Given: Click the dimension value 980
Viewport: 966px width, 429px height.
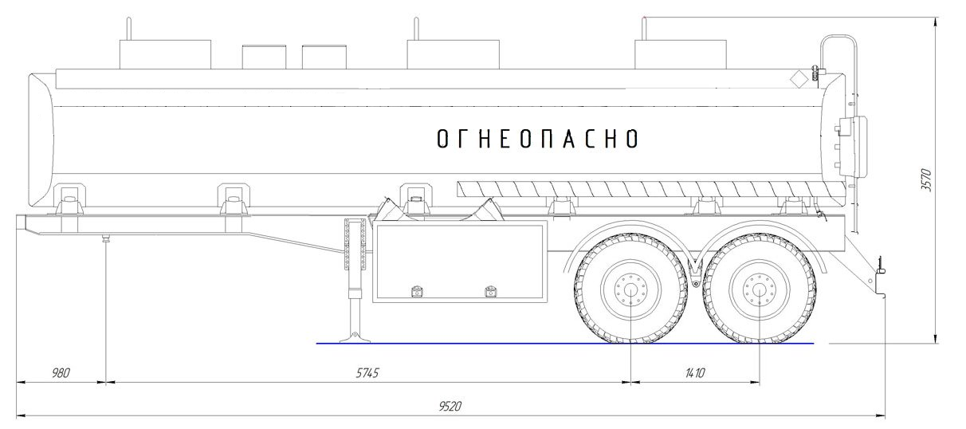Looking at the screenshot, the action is tap(61, 372).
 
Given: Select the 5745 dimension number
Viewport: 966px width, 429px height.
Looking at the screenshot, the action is tap(367, 372).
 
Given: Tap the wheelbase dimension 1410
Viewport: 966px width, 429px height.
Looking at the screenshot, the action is tap(695, 372).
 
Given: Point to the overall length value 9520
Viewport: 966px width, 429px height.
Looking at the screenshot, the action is tap(450, 406).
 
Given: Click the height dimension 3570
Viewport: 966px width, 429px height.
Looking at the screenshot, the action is tap(926, 180).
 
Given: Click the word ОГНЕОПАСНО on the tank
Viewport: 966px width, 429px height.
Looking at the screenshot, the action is tap(537, 139).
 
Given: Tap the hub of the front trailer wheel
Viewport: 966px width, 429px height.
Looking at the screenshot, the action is tap(630, 289).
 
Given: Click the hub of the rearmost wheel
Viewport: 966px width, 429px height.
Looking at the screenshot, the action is tap(760, 289).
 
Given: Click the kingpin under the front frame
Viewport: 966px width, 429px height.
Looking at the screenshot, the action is tap(105, 238).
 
